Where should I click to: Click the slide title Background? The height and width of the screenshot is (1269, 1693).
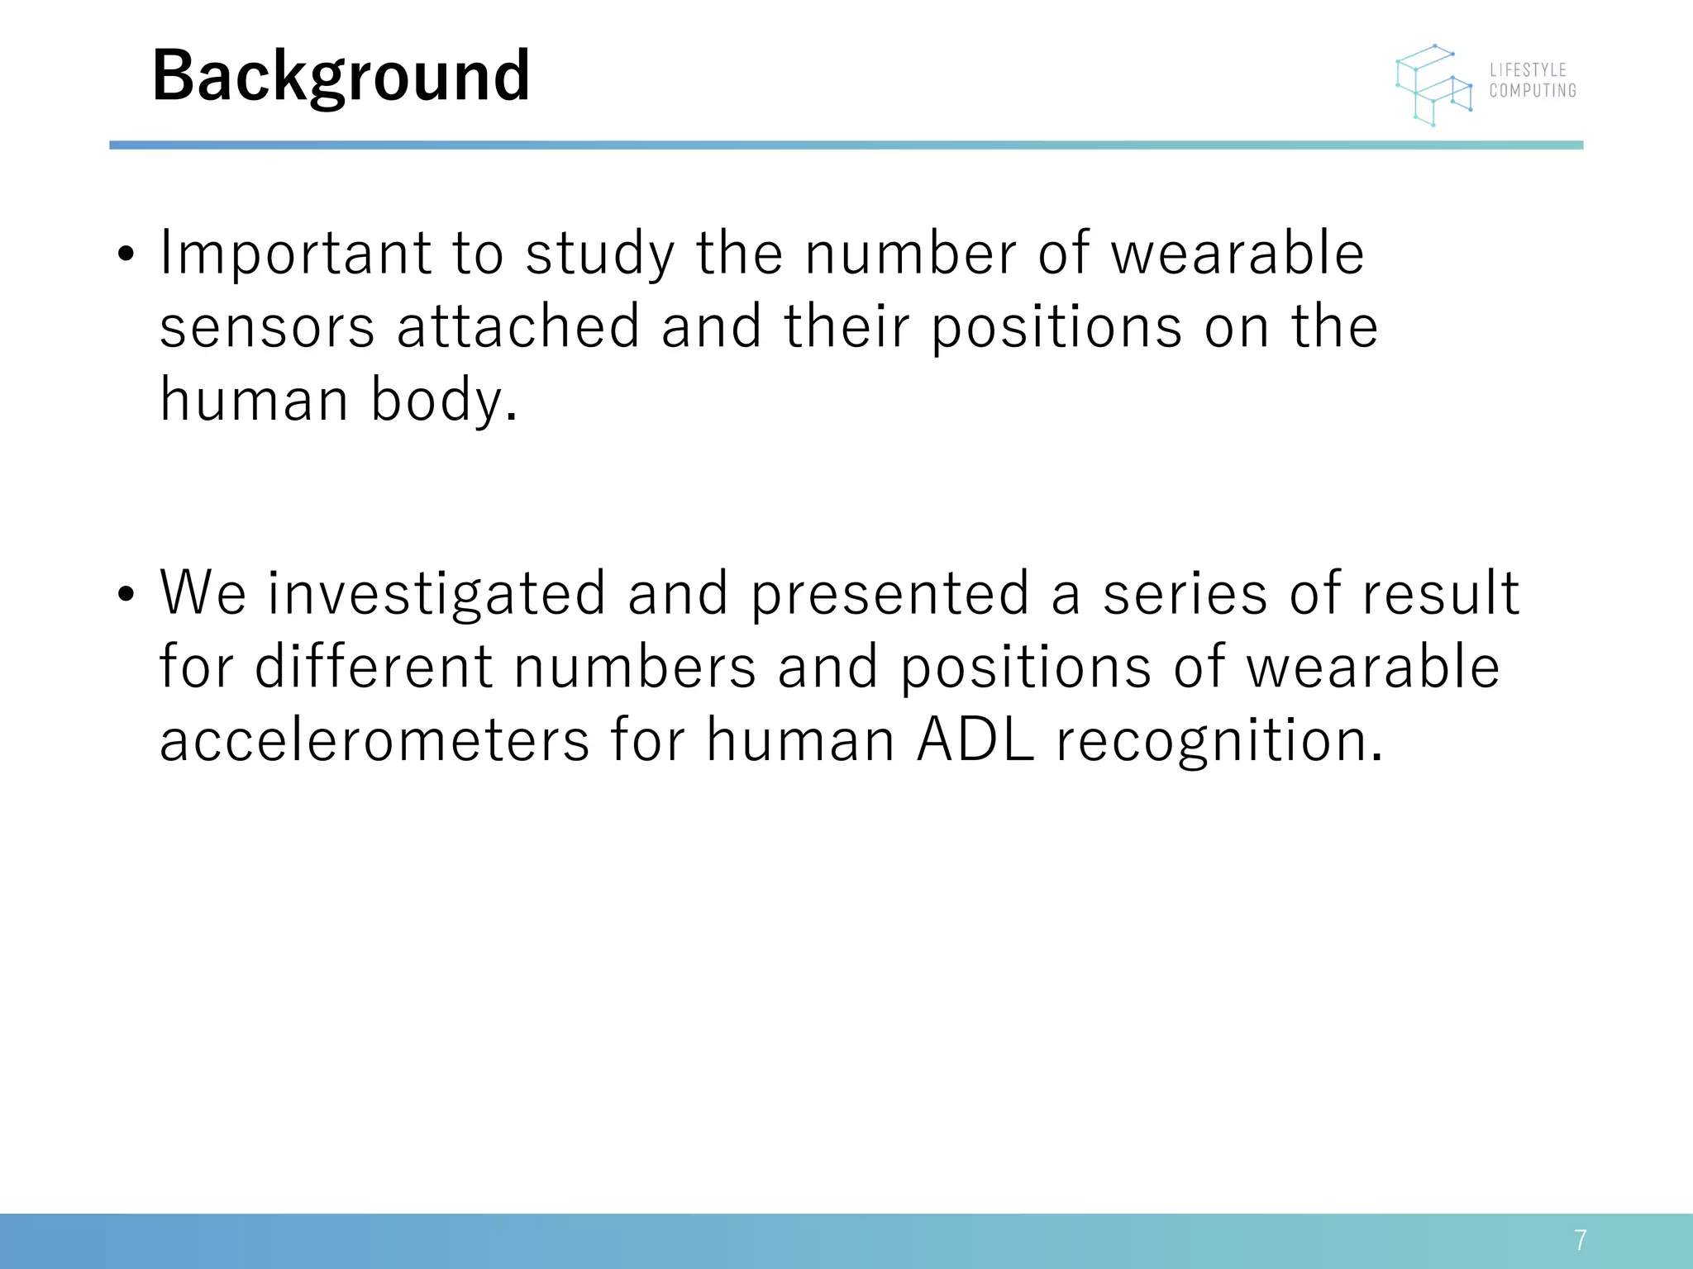(341, 76)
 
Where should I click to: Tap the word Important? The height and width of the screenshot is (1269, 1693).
(295, 254)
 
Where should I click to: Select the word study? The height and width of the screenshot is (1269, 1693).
(600, 254)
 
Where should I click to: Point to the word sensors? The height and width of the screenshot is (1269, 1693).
(267, 326)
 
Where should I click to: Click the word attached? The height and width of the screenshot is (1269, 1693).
(518, 326)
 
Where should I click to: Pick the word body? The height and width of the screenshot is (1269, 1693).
(443, 401)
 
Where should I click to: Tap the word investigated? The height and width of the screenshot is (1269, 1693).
(436, 594)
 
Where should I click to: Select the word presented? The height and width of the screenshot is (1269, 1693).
(889, 594)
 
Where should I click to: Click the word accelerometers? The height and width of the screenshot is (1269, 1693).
(374, 740)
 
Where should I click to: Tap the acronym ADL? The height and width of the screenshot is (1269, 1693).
(975, 740)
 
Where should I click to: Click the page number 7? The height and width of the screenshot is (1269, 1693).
(1580, 1240)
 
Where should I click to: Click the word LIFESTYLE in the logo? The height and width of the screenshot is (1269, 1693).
(1528, 70)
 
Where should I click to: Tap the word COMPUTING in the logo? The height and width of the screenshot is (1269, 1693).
(1533, 91)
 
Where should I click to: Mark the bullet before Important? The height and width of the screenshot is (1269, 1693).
(126, 254)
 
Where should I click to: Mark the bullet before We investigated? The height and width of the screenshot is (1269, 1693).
(126, 595)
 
